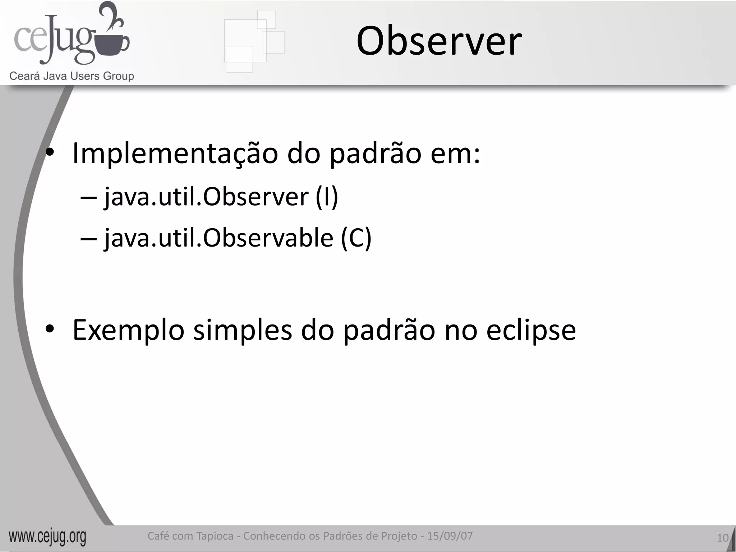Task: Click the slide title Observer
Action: pyautogui.click(x=439, y=42)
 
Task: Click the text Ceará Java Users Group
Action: pyautogui.click(x=72, y=76)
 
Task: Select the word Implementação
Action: pyautogui.click(x=175, y=154)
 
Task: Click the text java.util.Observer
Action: pyautogui.click(x=206, y=197)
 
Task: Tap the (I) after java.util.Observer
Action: pyautogui.click(x=327, y=197)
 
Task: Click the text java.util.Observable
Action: pyautogui.click(x=219, y=238)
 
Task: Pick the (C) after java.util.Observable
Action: pyautogui.click(x=356, y=238)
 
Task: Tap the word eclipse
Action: pyautogui.click(x=531, y=330)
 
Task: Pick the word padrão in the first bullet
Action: pyautogui.click(x=375, y=154)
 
